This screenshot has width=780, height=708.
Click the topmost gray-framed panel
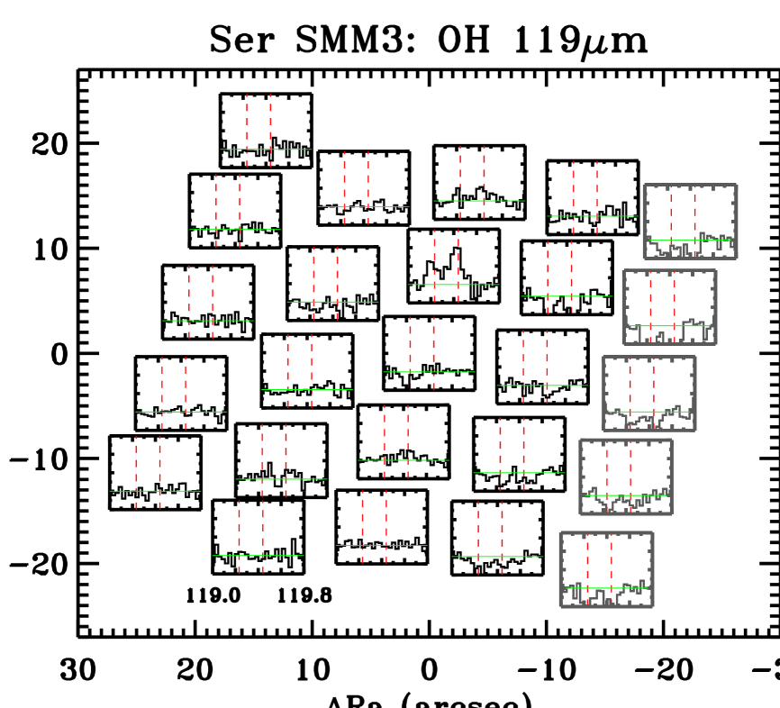point(690,222)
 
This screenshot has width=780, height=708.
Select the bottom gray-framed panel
point(606,569)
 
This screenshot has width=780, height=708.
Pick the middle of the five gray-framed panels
point(648,394)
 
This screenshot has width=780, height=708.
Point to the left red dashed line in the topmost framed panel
point(670,216)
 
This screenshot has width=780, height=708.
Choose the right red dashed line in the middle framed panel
point(653,387)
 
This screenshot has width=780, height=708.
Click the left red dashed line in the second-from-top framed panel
point(650,302)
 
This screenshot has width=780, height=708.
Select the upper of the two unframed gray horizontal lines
point(363,206)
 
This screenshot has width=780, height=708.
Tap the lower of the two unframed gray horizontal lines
point(382,545)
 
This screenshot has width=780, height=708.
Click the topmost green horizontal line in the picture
point(266,150)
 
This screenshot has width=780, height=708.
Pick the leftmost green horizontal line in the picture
point(155,491)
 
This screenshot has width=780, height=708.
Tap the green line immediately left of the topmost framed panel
point(592,216)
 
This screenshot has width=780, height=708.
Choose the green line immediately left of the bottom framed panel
point(497,557)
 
